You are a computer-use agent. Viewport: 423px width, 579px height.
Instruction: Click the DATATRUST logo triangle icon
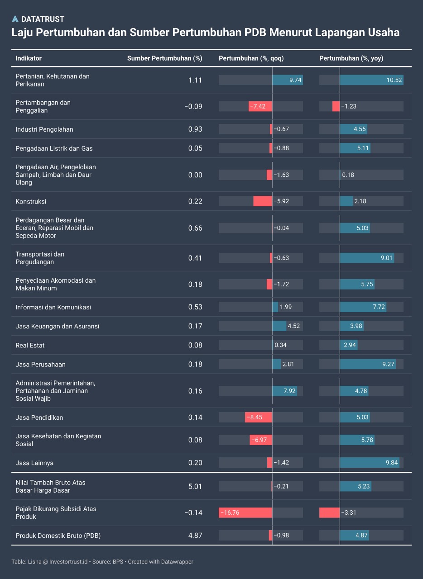coord(15,19)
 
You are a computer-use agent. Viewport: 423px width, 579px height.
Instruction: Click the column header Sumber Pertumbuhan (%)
coord(164,58)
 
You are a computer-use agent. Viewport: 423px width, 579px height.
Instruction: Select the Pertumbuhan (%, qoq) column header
coord(251,58)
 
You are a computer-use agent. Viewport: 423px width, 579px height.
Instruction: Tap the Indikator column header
coord(29,58)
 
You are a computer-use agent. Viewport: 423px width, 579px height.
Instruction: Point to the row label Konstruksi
coord(31,201)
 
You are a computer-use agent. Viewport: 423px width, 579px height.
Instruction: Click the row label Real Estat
coord(30,345)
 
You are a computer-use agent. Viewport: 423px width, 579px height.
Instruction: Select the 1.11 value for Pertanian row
coord(195,80)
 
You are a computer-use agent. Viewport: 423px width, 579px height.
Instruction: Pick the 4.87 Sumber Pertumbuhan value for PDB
coord(195,535)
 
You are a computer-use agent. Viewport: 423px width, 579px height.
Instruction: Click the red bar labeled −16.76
coord(245,513)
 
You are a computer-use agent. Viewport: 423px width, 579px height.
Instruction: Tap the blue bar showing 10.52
coord(371,80)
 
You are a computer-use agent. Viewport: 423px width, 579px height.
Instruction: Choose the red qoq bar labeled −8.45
coord(259,417)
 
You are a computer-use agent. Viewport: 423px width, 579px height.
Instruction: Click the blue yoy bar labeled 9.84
coord(370,462)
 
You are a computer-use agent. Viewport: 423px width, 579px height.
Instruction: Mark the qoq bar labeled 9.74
coord(287,80)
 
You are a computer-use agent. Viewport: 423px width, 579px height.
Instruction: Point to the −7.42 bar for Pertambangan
coord(260,106)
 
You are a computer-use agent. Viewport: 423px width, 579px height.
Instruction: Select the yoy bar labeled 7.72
coord(363,307)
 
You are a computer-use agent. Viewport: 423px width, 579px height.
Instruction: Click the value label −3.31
coord(349,513)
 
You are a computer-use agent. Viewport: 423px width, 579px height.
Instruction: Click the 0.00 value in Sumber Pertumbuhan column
coord(195,175)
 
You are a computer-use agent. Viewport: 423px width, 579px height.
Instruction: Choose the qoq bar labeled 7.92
coord(284,391)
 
